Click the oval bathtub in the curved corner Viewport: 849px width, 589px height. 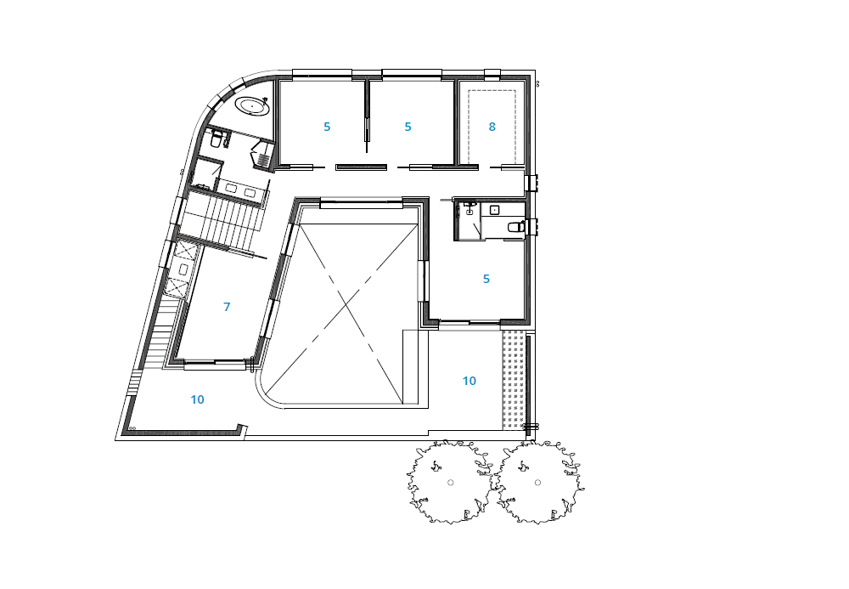pyautogui.click(x=253, y=106)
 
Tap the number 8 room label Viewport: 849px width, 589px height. pyautogui.click(x=492, y=127)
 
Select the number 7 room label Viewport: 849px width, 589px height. pyautogui.click(x=227, y=307)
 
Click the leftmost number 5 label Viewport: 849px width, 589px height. pyautogui.click(x=327, y=127)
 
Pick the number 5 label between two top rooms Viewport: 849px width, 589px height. pyautogui.click(x=408, y=127)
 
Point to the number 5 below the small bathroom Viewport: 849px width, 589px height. pyautogui.click(x=486, y=279)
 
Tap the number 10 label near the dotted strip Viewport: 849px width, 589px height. pyautogui.click(x=469, y=381)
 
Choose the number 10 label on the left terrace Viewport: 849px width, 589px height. pyautogui.click(x=197, y=400)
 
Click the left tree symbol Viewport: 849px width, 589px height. pyautogui.click(x=450, y=482)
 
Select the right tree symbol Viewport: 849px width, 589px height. pyautogui.click(x=538, y=482)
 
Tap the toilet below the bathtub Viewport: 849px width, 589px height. pyautogui.click(x=216, y=139)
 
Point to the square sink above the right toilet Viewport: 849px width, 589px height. pyautogui.click(x=494, y=210)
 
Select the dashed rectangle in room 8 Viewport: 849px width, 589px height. pyautogui.click(x=492, y=127)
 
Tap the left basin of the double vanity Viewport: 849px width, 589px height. pyautogui.click(x=230, y=189)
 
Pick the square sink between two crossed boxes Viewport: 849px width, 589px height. pyautogui.click(x=183, y=269)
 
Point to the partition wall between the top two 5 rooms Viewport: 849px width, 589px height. pyautogui.click(x=367, y=115)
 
